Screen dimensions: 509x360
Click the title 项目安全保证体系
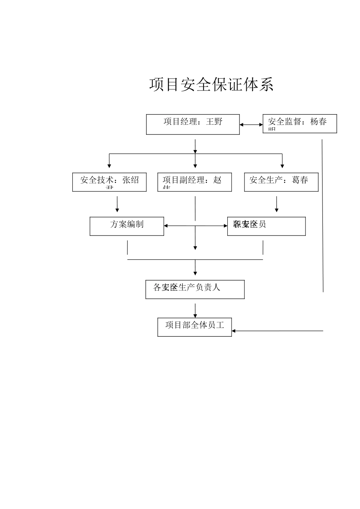pyautogui.click(x=211, y=84)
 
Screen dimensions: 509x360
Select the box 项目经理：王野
pyautogui.click(x=193, y=124)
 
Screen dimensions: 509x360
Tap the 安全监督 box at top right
pyautogui.click(x=300, y=123)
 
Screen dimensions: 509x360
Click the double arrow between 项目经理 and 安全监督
pyautogui.click(x=251, y=125)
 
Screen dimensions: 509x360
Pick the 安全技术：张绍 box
pyautogui.click(x=109, y=182)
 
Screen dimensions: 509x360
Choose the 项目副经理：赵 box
pyautogui.click(x=194, y=182)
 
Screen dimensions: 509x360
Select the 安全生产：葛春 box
pyautogui.click(x=281, y=182)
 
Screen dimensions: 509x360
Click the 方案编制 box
pyautogui.click(x=127, y=226)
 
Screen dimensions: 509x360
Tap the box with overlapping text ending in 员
pyautogui.click(x=266, y=226)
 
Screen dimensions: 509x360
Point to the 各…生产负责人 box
pyautogui.click(x=195, y=289)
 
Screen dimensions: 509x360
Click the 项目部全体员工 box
pyautogui.click(x=194, y=327)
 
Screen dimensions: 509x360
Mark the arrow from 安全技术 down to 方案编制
pyautogui.click(x=117, y=205)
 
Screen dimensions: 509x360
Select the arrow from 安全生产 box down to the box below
pyautogui.click(x=277, y=205)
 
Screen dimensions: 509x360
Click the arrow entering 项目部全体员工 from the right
pyautogui.click(x=277, y=331)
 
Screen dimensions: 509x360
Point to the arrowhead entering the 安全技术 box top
pyautogui.click(x=109, y=166)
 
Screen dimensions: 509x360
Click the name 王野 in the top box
pyautogui.click(x=214, y=122)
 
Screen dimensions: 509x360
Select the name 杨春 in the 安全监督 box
pyautogui.click(x=318, y=122)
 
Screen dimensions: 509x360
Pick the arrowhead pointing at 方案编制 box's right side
pyautogui.click(x=166, y=226)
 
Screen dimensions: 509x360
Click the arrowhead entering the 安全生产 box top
pyautogui.click(x=282, y=166)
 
